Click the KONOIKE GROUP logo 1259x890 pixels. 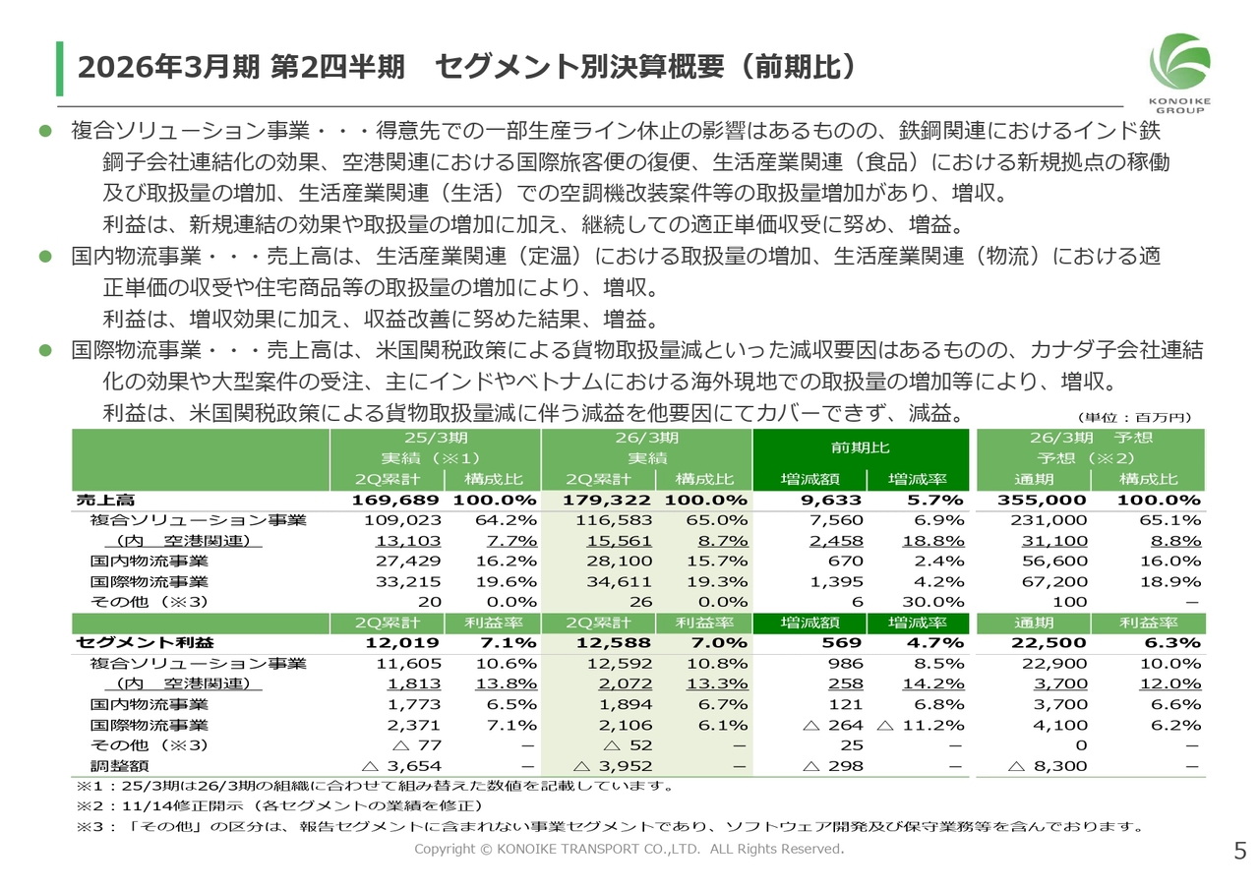coord(1179,72)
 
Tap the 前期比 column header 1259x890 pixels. coord(860,447)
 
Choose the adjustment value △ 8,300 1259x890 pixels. coord(1047,765)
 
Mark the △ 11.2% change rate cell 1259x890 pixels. coord(921,725)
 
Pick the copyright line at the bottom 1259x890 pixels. coord(629,849)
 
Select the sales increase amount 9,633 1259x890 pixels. coord(835,500)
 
